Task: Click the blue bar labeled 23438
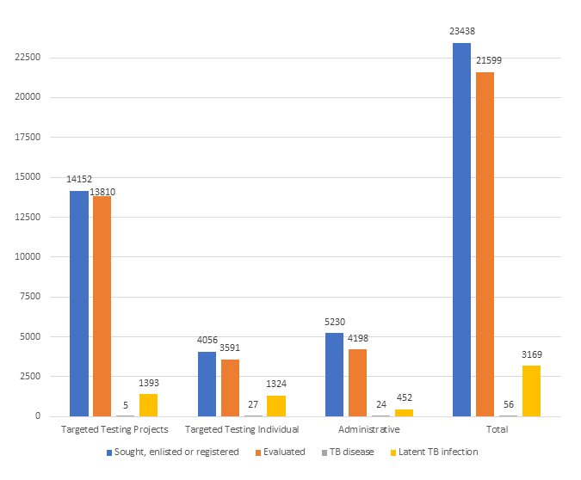pyautogui.click(x=461, y=230)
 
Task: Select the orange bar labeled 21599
pyautogui.click(x=485, y=244)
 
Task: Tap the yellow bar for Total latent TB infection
pyautogui.click(x=531, y=391)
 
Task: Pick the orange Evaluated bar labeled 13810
pyautogui.click(x=102, y=306)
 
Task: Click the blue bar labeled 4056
pyautogui.click(x=207, y=384)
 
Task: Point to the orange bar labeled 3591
pyautogui.click(x=230, y=388)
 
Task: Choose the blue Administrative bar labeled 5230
pyautogui.click(x=334, y=374)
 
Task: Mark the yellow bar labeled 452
pyautogui.click(x=404, y=413)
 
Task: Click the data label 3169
pyautogui.click(x=531, y=354)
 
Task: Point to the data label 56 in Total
pyautogui.click(x=508, y=404)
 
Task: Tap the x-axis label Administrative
pyautogui.click(x=368, y=429)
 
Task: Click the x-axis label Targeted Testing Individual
pyautogui.click(x=242, y=429)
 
